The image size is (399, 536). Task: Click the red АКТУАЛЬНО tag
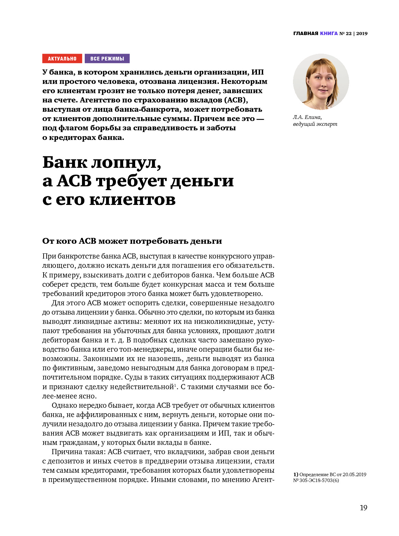[x=62, y=58]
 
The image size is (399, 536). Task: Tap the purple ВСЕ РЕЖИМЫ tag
[x=107, y=58]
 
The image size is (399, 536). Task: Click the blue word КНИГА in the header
[x=329, y=33]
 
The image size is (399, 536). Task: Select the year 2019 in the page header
[x=362, y=33]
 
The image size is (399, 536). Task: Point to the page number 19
[x=363, y=508]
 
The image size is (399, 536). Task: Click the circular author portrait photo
[x=321, y=82]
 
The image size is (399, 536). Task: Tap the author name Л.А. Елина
[x=307, y=117]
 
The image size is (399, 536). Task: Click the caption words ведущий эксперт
[x=315, y=124]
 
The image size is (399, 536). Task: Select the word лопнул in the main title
[x=126, y=162]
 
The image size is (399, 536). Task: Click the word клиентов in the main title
[x=133, y=199]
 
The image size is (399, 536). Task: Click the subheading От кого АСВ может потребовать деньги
[x=132, y=241]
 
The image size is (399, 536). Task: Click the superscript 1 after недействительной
[x=175, y=385]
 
